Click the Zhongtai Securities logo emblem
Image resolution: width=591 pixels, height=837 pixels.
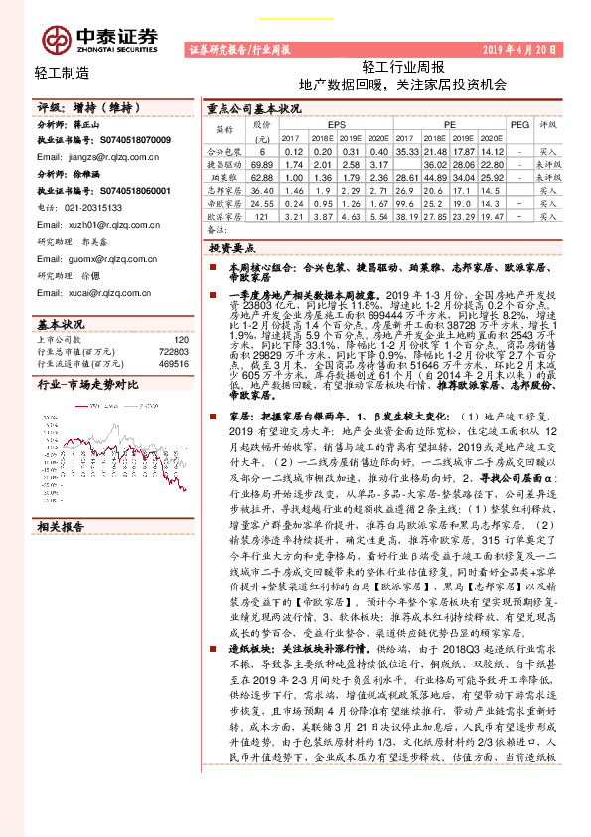[56, 38]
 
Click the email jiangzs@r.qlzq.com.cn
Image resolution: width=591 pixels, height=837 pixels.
[92, 157]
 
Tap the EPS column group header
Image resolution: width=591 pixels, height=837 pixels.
[337, 125]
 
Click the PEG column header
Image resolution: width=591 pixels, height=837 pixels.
[518, 125]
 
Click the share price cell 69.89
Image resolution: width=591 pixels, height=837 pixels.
[262, 163]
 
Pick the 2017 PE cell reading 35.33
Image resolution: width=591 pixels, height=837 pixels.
[408, 150]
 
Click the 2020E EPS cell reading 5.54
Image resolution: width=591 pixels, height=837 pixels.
[376, 215]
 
